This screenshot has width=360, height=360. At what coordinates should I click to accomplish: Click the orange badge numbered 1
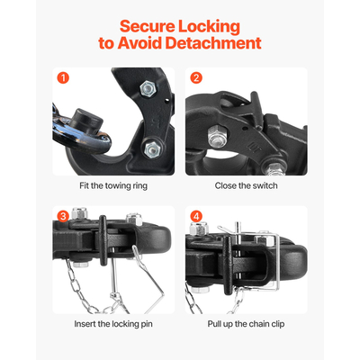tap(62, 77)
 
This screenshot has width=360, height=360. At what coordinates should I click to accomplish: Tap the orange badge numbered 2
tap(196, 77)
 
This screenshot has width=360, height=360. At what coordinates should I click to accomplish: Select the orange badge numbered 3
tap(62, 217)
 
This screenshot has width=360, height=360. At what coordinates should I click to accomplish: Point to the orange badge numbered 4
tap(196, 217)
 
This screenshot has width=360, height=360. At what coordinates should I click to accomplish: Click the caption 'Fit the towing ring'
tap(112, 185)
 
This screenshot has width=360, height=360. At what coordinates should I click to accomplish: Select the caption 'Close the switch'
tap(246, 185)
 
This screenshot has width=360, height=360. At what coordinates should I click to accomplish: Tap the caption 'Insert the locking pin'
tap(112, 323)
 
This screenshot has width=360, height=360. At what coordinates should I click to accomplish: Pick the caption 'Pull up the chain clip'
tap(246, 323)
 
